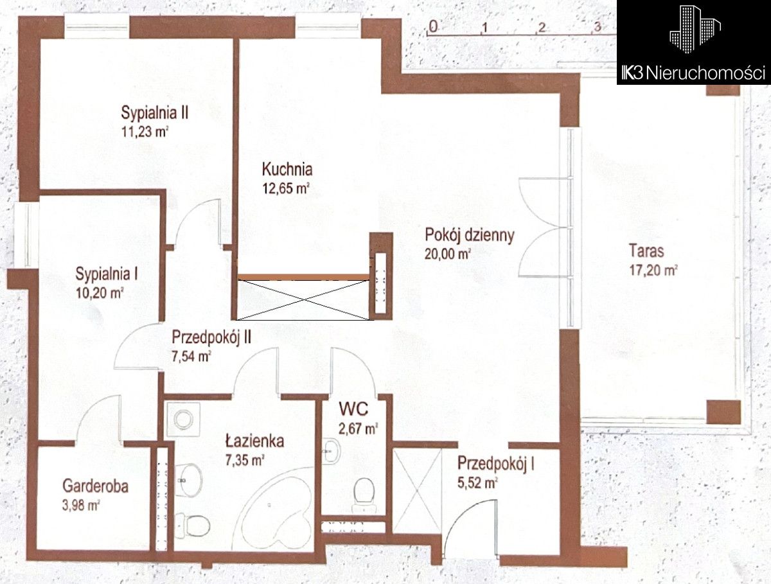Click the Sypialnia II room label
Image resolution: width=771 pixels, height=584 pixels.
click(155, 113)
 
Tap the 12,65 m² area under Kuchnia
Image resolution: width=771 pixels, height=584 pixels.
click(286, 189)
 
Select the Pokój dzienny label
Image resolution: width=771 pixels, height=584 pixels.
click(470, 235)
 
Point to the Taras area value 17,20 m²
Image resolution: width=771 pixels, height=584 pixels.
click(653, 270)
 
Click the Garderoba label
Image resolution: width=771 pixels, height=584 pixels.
click(95, 486)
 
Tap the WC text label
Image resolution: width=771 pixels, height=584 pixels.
click(353, 409)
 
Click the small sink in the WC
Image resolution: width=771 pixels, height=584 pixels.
click(332, 451)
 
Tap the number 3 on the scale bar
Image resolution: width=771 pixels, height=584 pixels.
click(598, 27)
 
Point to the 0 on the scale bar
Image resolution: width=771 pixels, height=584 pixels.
click(434, 27)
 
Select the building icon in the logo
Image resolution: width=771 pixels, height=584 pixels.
click(695, 30)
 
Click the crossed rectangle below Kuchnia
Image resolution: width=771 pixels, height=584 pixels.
click(303, 300)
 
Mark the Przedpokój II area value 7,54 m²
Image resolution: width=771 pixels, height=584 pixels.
click(191, 357)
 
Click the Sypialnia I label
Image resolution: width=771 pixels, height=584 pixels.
click(107, 274)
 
